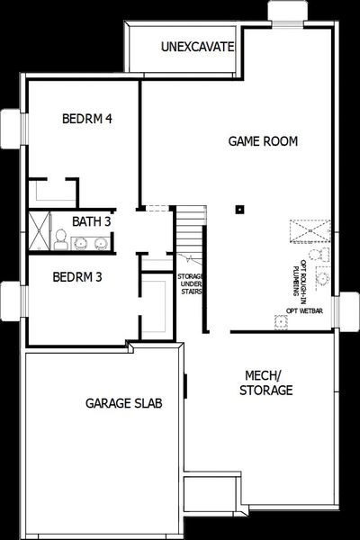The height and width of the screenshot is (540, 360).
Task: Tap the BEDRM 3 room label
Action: [76, 276]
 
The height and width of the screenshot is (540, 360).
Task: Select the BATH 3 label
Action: [92, 221]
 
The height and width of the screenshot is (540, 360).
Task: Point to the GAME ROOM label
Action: [263, 141]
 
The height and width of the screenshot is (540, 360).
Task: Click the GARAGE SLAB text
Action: [124, 403]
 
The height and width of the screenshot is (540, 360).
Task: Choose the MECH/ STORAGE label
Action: [267, 382]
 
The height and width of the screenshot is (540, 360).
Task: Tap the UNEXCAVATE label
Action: [197, 46]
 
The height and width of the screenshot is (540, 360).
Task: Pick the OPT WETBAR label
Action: [304, 310]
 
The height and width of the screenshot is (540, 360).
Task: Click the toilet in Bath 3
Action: [59, 238]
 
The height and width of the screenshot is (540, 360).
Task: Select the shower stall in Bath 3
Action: [39, 228]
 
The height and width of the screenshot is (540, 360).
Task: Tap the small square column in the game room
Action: [240, 210]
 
